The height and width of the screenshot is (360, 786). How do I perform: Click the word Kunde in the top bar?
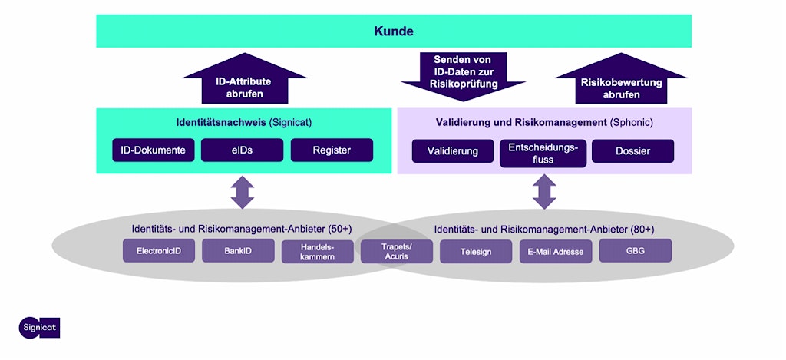click(394, 31)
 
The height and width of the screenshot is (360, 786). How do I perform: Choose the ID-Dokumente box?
click(153, 150)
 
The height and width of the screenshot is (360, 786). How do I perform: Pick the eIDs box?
click(242, 150)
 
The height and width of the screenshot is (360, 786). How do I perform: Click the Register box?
click(332, 150)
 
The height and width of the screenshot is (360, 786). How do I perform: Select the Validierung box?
click(452, 151)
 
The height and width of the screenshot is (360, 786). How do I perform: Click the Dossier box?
click(632, 151)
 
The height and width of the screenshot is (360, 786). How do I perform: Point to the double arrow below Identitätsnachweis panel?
click(243, 192)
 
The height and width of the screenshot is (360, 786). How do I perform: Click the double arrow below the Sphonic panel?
click(544, 192)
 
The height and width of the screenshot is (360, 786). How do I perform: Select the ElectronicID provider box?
click(159, 251)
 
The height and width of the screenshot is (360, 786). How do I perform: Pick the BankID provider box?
click(238, 251)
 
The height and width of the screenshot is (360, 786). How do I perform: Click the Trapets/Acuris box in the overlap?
click(396, 251)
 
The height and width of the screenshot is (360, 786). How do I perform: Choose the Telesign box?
click(475, 251)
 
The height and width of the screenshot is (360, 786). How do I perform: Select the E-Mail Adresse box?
click(555, 251)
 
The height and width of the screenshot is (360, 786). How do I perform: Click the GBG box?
click(635, 251)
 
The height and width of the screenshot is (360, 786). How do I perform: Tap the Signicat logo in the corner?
click(39, 327)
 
